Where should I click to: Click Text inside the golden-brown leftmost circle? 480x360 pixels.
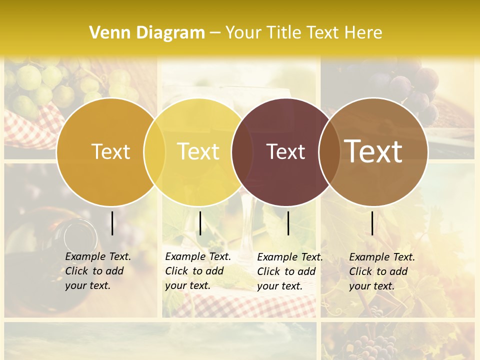tap(110, 151)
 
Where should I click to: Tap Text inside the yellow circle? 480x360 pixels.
tap(198, 151)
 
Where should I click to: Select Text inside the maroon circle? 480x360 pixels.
tap(285, 151)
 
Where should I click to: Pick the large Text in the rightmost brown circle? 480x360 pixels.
tap(373, 151)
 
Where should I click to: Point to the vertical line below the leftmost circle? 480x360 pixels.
tap(112, 223)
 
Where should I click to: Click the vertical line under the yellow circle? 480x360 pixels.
tap(200, 223)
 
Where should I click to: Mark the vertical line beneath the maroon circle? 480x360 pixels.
tap(288, 223)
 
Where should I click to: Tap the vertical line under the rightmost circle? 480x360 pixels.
tap(372, 223)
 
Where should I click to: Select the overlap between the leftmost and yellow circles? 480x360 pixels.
tap(154, 152)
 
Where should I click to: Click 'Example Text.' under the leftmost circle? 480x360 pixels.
tap(98, 256)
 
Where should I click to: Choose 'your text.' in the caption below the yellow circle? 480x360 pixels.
tap(187, 285)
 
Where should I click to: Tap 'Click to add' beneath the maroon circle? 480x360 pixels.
tap(286, 271)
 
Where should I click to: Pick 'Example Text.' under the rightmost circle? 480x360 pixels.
tap(382, 257)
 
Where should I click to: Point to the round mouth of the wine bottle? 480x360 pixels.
tap(81, 234)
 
